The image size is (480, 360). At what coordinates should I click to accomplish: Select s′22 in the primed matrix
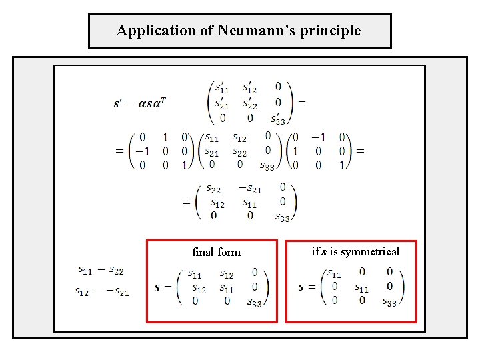(251, 103)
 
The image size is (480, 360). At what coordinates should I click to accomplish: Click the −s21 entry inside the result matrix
(249, 189)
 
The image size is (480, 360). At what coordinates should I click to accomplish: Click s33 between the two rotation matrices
(267, 166)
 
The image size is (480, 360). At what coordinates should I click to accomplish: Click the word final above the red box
(203, 252)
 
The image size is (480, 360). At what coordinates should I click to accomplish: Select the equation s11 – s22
(101, 270)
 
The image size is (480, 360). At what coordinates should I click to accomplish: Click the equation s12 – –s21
(102, 291)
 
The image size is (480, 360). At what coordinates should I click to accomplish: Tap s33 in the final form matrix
(254, 303)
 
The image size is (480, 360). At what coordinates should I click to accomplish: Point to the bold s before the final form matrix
(157, 288)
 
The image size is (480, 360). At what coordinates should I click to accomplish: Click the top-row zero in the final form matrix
(255, 272)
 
